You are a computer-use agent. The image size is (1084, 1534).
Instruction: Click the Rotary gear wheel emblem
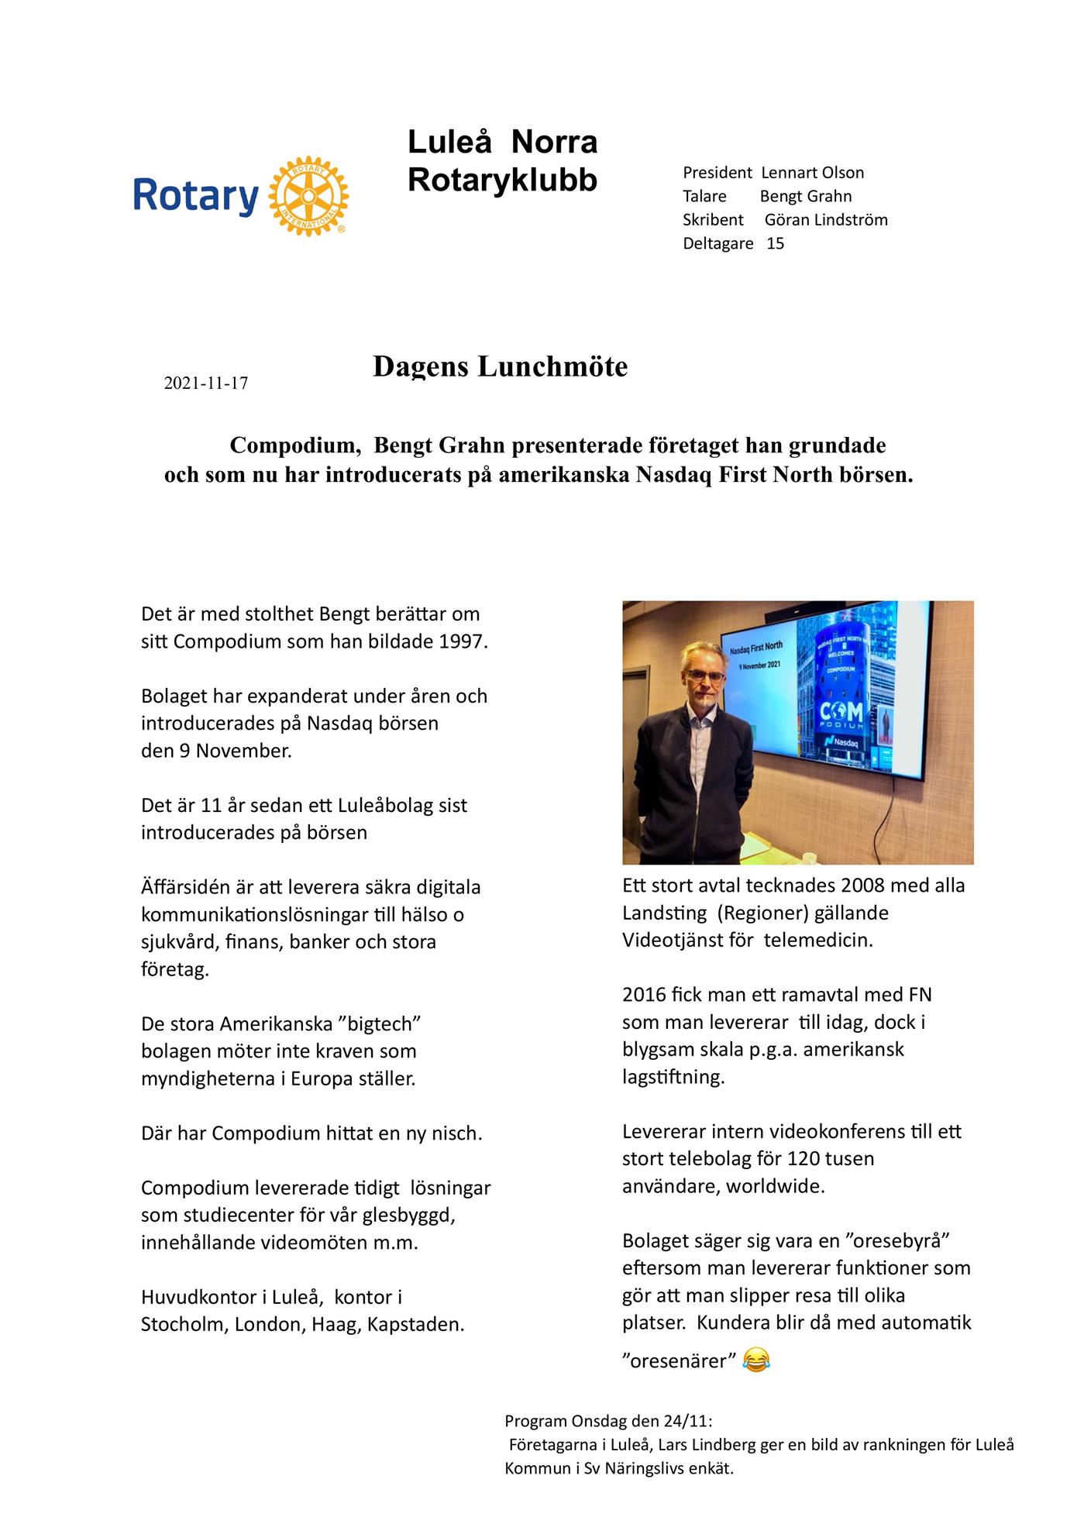point(308,196)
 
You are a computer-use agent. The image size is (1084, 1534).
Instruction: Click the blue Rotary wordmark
point(196,196)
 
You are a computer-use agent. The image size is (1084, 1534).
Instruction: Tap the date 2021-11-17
point(206,383)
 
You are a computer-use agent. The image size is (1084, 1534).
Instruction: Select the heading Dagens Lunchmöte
point(500,366)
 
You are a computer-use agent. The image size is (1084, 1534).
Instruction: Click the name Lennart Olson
point(812,173)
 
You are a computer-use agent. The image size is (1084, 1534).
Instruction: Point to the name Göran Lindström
point(826,220)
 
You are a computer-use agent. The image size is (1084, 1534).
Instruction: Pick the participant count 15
point(775,243)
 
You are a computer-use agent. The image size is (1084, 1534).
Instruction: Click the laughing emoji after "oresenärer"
point(756,1360)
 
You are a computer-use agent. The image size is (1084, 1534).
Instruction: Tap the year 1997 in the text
point(463,641)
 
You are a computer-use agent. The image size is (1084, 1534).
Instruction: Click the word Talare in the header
point(704,197)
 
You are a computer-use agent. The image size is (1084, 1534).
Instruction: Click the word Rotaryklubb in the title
point(502,180)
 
